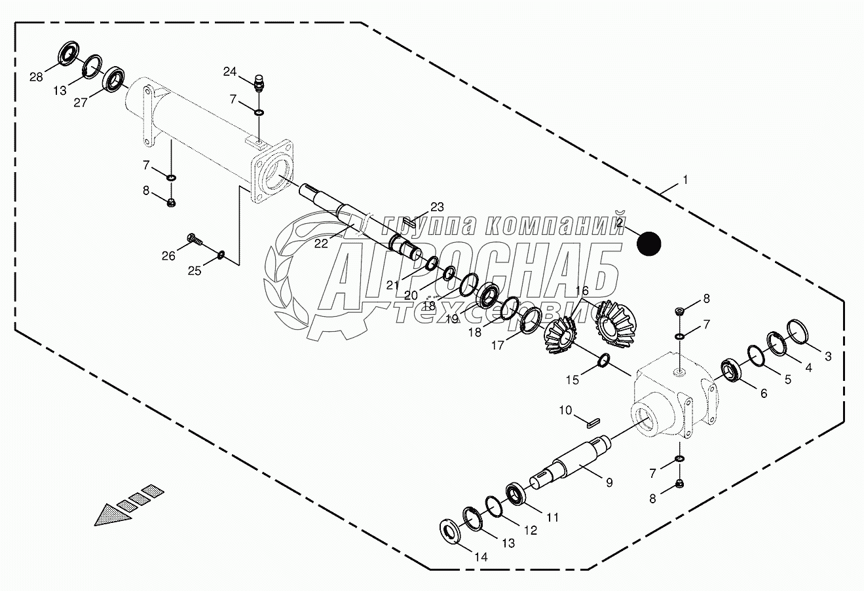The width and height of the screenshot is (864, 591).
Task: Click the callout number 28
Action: click(36, 77)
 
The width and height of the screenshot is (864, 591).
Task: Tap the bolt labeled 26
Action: click(195, 240)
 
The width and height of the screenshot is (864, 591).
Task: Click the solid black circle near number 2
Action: click(649, 243)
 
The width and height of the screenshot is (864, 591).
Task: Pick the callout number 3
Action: click(828, 356)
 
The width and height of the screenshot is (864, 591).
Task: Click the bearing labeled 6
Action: click(731, 370)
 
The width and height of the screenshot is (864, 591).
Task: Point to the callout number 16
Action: click(582, 290)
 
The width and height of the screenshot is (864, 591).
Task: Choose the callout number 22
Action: click(320, 243)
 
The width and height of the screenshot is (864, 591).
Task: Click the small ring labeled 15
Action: click(605, 360)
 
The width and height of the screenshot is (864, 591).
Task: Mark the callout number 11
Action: click(553, 517)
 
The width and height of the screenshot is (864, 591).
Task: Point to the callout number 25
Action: click(195, 271)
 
